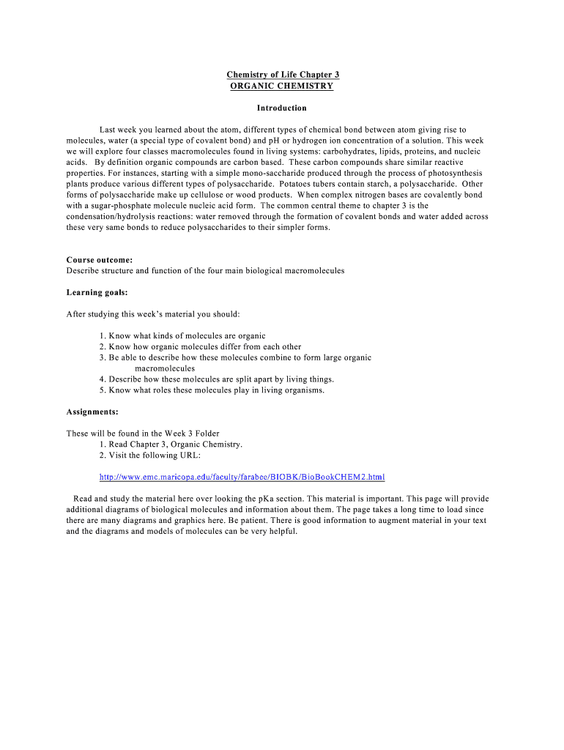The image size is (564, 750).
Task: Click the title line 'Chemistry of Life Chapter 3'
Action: point(282,75)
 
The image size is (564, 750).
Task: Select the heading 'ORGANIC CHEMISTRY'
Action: point(282,86)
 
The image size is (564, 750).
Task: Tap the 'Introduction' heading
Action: point(282,108)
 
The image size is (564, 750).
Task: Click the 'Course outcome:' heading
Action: point(100,260)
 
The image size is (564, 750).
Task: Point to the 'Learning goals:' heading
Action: point(97,292)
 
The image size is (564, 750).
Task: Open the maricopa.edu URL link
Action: point(242,477)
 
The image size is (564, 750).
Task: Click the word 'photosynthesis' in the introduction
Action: point(456,173)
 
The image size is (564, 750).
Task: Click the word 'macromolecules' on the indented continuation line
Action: point(165,368)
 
